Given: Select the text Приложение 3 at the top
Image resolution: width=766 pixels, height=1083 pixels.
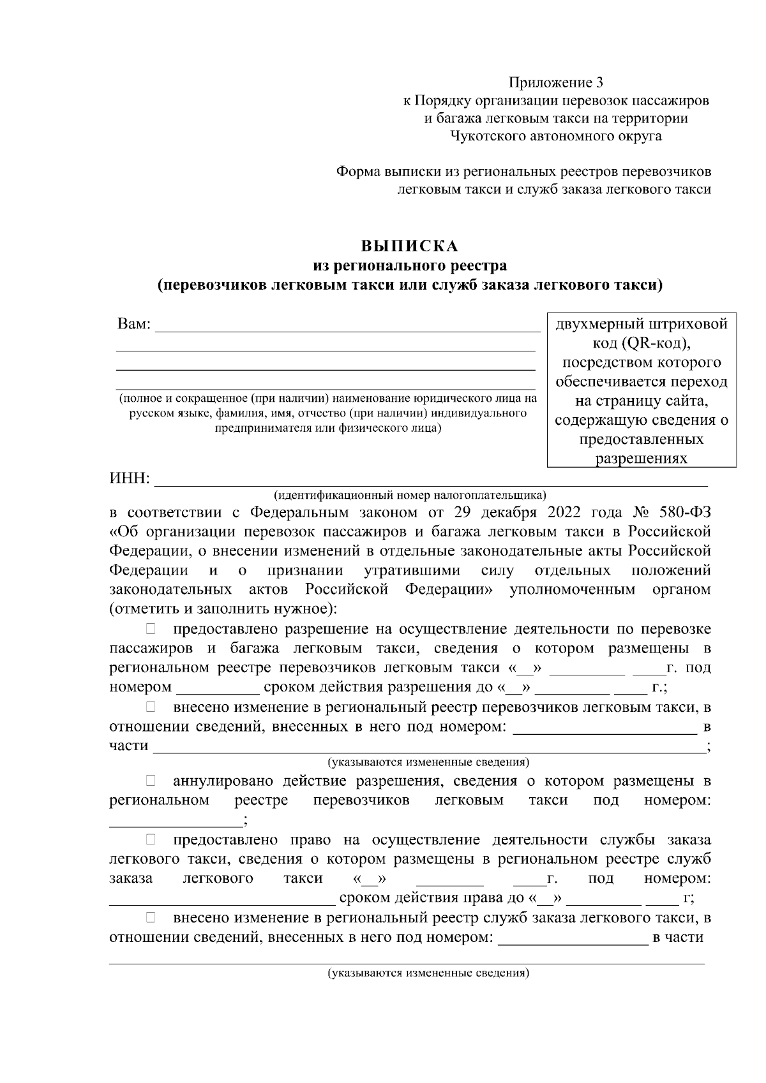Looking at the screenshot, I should [555, 82].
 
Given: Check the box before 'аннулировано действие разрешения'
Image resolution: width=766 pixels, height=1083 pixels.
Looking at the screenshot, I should [151, 780].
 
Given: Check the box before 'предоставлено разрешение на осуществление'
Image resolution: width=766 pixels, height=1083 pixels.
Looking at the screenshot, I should [151, 629].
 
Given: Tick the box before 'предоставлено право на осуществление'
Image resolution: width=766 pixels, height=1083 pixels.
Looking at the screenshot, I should [151, 839].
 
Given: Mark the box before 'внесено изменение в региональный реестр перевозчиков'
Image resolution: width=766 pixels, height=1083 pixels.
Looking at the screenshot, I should [151, 706].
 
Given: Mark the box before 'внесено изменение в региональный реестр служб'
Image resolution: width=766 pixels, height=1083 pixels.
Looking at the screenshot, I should [151, 918].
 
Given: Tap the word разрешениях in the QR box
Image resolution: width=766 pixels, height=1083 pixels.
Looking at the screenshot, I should [642, 459].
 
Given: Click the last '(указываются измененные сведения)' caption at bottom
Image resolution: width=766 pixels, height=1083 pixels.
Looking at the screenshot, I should [428, 974].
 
